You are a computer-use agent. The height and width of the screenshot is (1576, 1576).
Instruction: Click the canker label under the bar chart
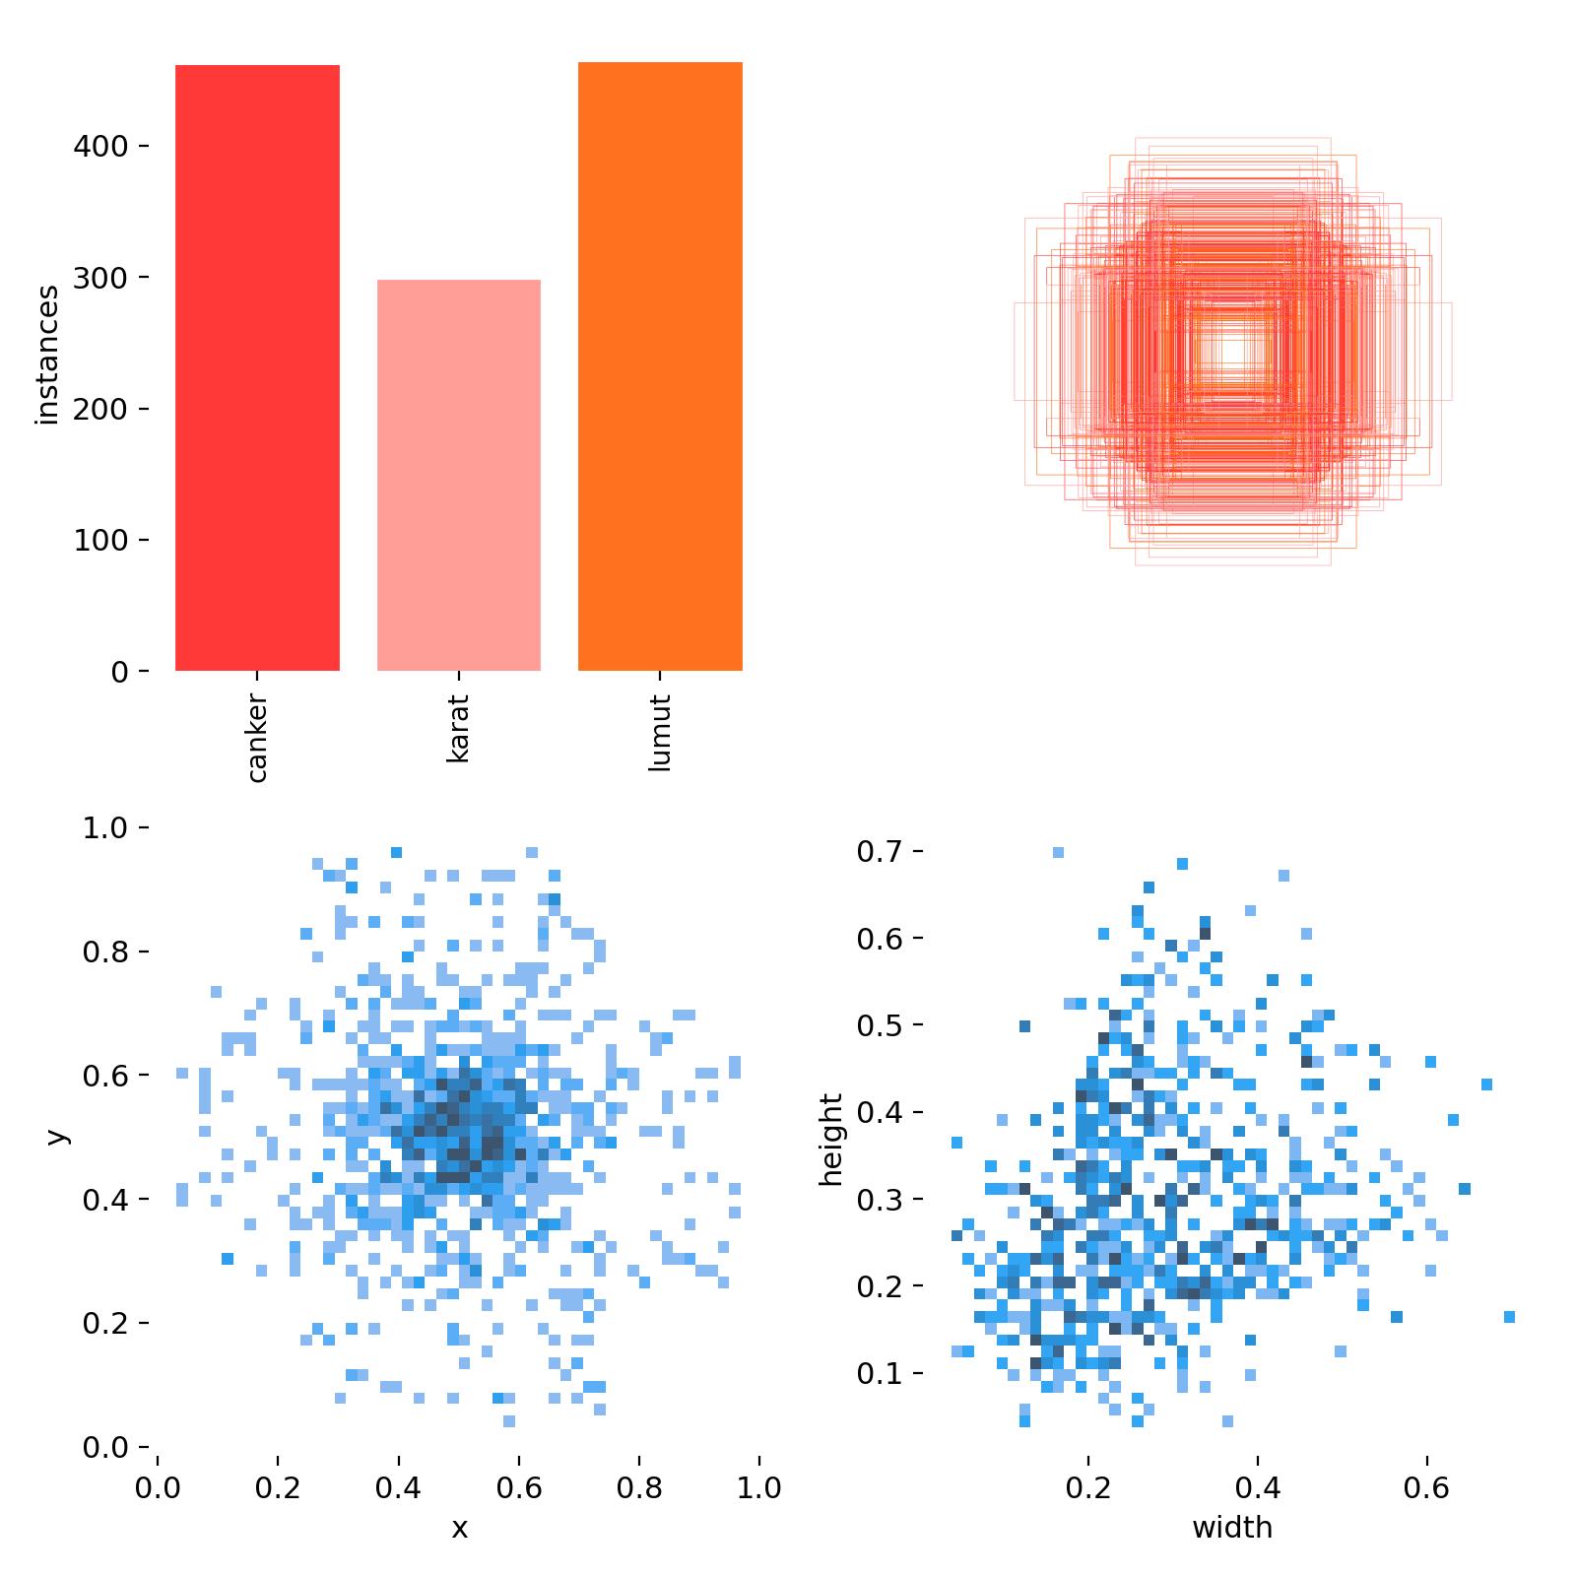click(x=257, y=738)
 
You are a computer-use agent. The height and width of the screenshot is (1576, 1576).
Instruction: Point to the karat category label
click(x=459, y=728)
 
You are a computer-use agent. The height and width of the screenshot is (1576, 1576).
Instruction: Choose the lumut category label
click(x=660, y=732)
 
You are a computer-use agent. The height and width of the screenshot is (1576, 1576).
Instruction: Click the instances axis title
click(x=47, y=355)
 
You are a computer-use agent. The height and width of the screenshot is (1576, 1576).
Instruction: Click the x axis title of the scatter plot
click(x=459, y=1529)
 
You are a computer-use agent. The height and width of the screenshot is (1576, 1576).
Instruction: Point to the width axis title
click(x=1232, y=1529)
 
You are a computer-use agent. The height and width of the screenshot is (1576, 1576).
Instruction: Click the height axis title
click(x=832, y=1139)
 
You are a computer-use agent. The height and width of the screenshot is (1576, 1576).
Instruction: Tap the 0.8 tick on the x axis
click(x=639, y=1487)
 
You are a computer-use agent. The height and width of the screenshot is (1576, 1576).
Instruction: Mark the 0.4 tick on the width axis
click(x=1258, y=1487)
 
